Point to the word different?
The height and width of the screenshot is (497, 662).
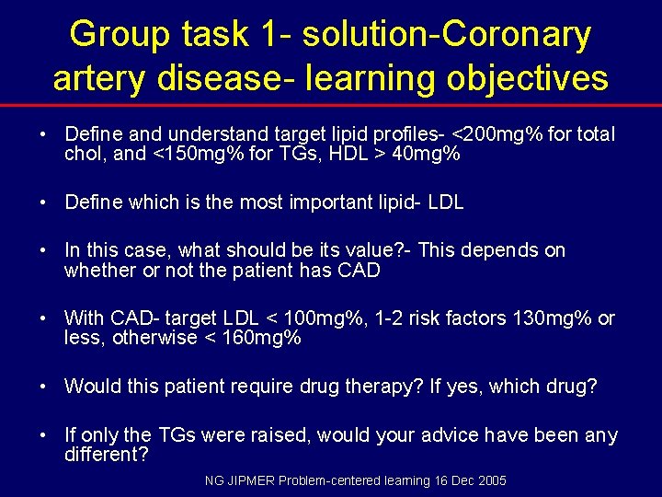tap(106, 454)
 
